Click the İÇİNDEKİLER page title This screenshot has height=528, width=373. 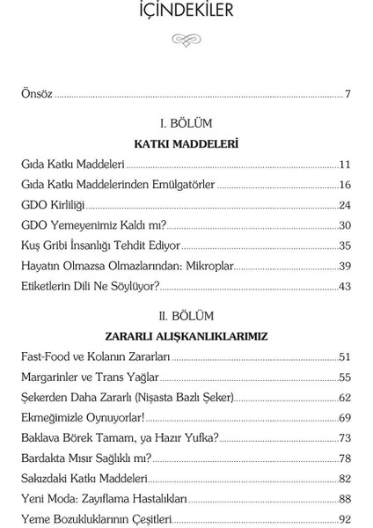click(186, 11)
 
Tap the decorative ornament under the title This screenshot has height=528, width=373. click(186, 40)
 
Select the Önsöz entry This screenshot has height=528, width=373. click(37, 93)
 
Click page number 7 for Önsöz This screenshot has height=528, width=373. click(347, 93)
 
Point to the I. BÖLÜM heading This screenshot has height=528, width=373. click(186, 123)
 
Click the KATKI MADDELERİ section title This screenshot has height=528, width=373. click(186, 143)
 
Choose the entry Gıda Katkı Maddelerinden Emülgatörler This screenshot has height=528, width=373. click(118, 185)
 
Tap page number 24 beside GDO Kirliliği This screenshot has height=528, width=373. click(345, 205)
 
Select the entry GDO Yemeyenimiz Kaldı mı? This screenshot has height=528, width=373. click(93, 225)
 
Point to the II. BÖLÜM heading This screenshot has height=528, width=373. click(186, 315)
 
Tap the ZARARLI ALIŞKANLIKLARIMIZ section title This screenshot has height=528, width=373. click(186, 336)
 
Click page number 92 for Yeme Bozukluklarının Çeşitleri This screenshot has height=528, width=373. click(345, 518)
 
